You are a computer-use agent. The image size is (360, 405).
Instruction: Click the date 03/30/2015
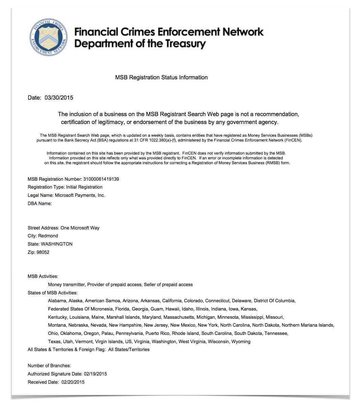59,98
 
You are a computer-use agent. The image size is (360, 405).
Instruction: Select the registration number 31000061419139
101,179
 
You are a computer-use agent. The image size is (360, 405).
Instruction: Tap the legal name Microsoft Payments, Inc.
80,195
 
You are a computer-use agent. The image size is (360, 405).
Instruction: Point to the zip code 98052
43,252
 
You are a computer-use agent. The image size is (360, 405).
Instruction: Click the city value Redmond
48,236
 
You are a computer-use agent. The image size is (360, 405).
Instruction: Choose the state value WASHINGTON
57,244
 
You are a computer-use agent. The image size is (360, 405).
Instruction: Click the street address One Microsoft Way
80,228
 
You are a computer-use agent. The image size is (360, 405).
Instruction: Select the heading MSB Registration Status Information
161,78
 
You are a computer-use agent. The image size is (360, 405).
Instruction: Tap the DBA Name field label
39,204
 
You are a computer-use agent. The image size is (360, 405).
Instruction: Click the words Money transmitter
67,285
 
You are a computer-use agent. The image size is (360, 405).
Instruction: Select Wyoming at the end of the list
241,342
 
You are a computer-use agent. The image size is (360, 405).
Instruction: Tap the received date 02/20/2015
73,382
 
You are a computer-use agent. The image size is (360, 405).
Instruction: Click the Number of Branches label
49,366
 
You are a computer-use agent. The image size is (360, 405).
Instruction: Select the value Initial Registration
84,187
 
